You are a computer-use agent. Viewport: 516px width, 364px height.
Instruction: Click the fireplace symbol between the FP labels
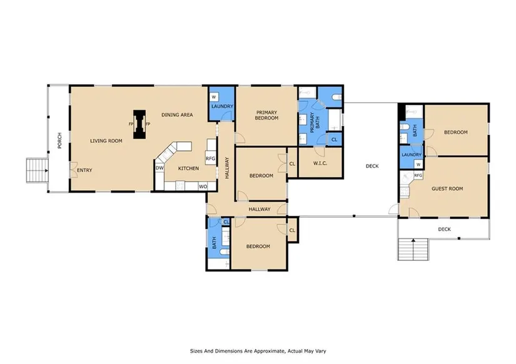139,124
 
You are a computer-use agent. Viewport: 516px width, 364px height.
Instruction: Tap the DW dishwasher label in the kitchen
159,168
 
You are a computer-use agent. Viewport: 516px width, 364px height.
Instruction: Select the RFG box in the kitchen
211,158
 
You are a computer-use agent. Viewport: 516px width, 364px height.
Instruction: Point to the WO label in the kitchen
203,186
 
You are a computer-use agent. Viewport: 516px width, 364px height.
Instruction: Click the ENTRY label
84,170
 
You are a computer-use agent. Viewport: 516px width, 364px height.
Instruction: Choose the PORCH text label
59,141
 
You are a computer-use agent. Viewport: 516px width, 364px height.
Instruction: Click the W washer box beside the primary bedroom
214,97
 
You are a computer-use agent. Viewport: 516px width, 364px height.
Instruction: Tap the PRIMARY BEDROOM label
267,115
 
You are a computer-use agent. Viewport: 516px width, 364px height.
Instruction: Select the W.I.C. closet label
320,163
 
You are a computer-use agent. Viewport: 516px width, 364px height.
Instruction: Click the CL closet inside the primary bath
335,139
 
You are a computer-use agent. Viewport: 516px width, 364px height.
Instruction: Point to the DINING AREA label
177,115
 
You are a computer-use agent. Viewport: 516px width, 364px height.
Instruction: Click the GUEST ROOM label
447,189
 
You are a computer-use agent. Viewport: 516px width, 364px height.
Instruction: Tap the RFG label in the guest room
418,175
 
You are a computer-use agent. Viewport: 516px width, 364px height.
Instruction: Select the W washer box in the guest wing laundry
418,164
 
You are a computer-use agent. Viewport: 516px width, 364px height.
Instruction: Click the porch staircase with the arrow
38,171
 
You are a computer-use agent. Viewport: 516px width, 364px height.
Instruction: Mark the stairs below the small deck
413,249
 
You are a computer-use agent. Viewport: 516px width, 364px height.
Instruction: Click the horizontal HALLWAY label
260,209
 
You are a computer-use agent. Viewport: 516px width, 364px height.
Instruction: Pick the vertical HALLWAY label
227,168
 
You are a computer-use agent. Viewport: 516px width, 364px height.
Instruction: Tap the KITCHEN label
188,168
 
